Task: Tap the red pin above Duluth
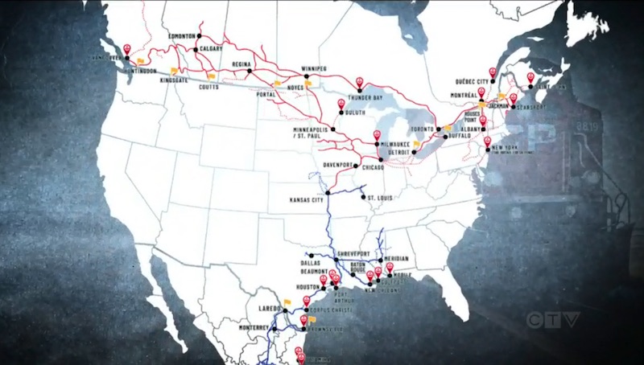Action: [x=341, y=104]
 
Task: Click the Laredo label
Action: [x=269, y=309]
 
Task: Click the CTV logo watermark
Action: [x=553, y=319]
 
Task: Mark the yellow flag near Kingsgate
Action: [x=174, y=71]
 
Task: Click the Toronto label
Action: [x=422, y=129]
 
